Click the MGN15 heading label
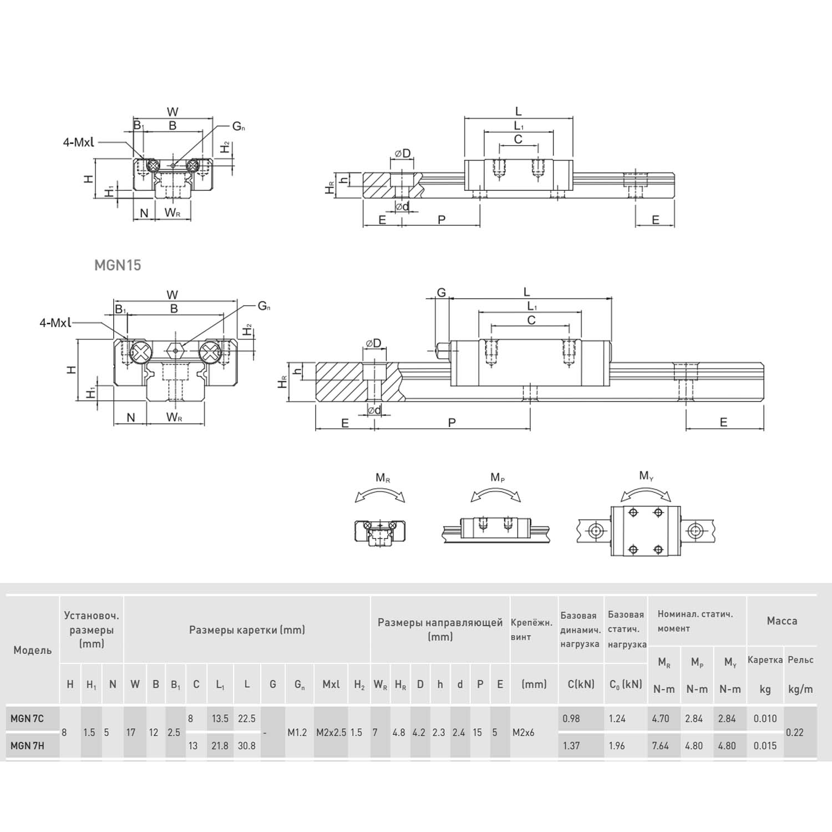(x=118, y=265)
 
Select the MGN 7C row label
(x=27, y=719)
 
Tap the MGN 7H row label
(x=27, y=745)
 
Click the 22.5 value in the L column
(x=246, y=719)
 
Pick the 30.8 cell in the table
(x=246, y=745)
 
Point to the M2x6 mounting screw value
(x=523, y=732)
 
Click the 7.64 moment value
(x=661, y=745)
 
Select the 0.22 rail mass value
(x=795, y=732)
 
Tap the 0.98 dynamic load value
(x=571, y=719)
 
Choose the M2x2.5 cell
(x=331, y=732)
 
